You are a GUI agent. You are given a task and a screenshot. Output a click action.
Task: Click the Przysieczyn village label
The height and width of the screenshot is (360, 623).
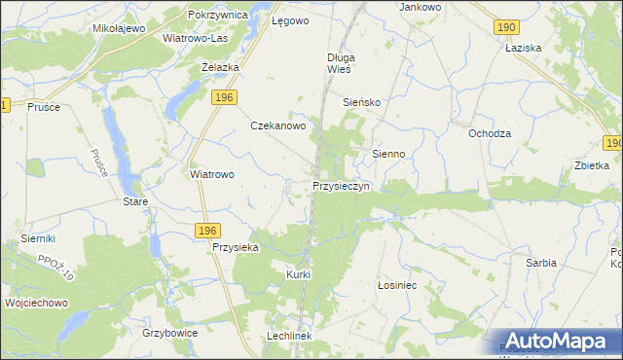click(x=341, y=185)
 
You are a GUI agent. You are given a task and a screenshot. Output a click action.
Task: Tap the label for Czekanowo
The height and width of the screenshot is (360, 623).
click(x=279, y=126)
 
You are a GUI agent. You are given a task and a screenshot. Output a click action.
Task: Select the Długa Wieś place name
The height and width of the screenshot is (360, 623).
click(x=340, y=63)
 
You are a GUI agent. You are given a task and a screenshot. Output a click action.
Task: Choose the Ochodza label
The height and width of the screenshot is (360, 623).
click(x=490, y=133)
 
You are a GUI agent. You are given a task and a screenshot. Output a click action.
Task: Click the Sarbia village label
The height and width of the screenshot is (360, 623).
click(x=541, y=263)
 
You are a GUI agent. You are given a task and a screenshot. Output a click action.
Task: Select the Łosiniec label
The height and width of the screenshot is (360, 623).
click(x=396, y=286)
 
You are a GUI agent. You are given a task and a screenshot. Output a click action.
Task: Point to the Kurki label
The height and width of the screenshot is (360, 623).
click(x=298, y=274)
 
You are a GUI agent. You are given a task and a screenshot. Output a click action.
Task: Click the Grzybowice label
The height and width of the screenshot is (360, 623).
click(x=170, y=333)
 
